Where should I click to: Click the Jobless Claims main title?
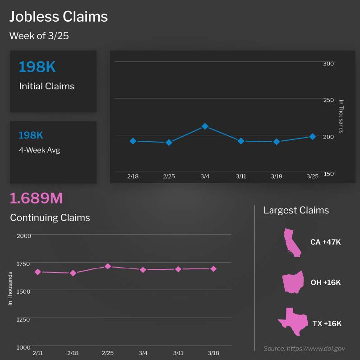point(59,17)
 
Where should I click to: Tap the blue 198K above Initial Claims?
point(37,67)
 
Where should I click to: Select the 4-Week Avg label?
point(39,150)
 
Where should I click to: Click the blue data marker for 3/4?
point(205,126)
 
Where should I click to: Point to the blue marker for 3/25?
point(312,136)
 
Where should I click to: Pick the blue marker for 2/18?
point(133,141)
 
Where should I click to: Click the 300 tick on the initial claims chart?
point(328,64)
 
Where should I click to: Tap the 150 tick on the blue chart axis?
point(328,174)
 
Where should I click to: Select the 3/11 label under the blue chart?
point(241,176)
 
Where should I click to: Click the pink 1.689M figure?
point(36,198)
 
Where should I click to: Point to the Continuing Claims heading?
point(50,217)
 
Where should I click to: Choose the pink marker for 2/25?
point(107,266)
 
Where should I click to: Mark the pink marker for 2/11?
point(37,272)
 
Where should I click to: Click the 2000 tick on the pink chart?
point(24,235)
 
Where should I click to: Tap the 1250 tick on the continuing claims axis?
point(24,319)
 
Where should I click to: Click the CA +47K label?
point(325,242)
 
